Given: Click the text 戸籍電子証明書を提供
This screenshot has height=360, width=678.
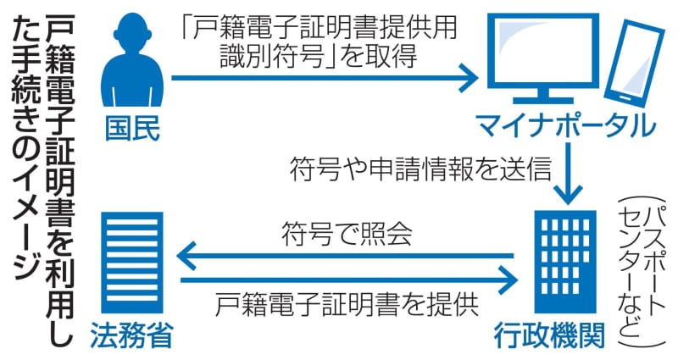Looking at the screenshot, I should pyautogui.click(x=347, y=304).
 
